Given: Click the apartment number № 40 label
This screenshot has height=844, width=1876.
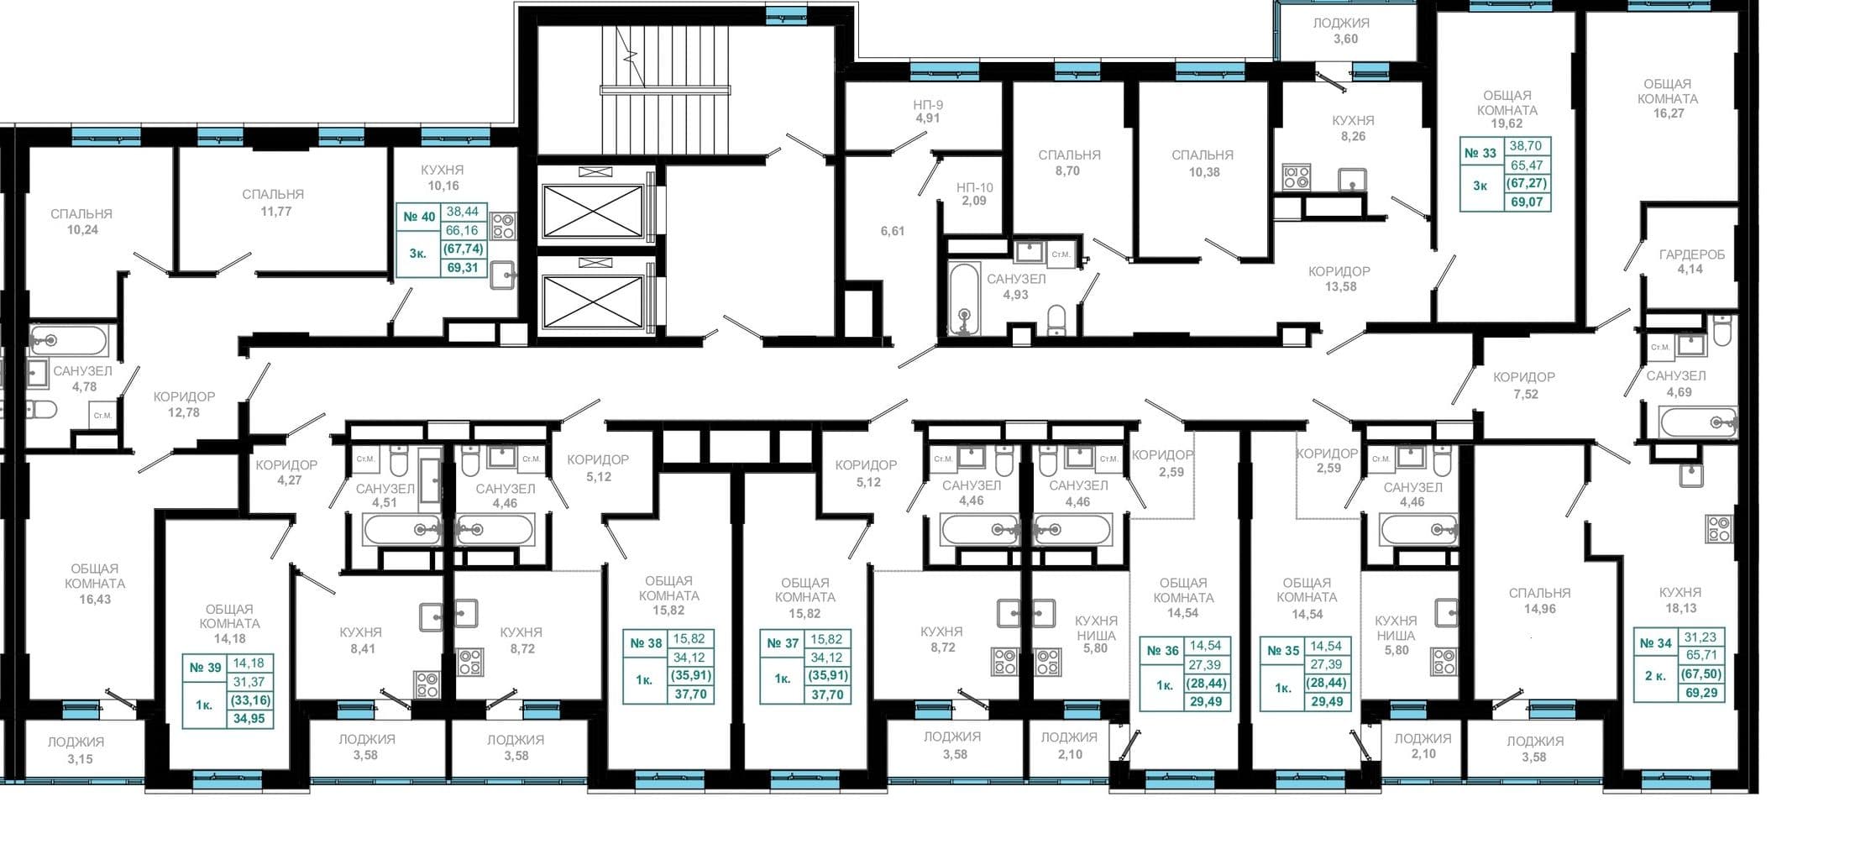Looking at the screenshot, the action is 419,217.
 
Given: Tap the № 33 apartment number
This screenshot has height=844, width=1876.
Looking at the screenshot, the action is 1480,153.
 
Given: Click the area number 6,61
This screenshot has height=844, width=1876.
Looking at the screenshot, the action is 893,231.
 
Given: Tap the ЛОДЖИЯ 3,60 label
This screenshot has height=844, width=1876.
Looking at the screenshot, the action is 1341,31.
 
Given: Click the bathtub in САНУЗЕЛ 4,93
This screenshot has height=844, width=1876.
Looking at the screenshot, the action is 964,299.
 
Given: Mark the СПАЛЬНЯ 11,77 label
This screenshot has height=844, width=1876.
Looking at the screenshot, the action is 274,202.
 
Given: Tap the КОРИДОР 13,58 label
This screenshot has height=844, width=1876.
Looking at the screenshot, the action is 1339,279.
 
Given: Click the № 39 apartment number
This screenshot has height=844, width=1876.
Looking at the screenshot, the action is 205,668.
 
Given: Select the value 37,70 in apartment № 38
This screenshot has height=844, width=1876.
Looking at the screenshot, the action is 690,694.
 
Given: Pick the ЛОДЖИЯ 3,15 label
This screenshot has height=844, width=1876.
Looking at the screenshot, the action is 76,750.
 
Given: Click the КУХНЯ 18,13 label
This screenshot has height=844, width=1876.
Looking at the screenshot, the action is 1680,600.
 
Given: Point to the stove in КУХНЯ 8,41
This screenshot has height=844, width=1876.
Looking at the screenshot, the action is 427,684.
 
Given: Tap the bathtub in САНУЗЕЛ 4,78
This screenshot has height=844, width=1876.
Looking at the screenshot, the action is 69,341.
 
